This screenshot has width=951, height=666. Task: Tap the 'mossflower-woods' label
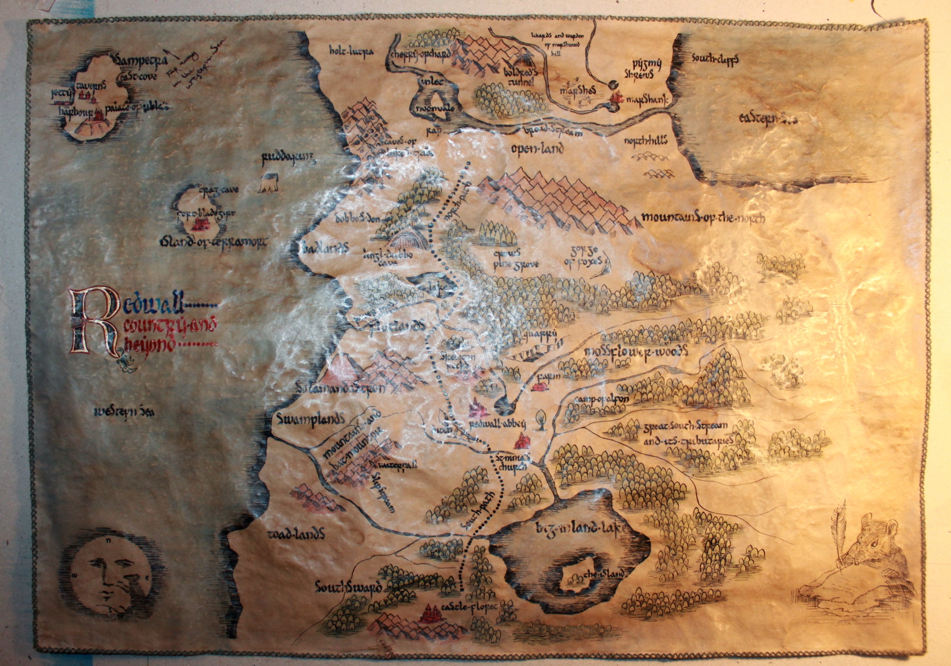tap(635, 351)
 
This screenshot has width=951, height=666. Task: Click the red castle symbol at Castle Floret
tap(429, 612)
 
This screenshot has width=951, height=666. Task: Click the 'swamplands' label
tap(309, 419)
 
